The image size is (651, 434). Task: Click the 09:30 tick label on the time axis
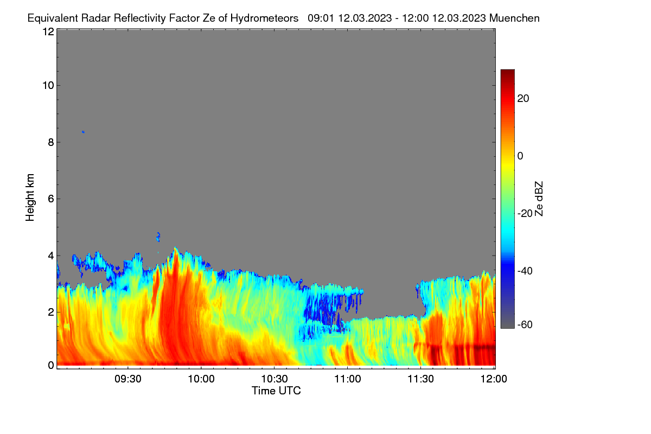click(128, 379)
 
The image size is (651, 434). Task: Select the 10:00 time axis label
click(201, 379)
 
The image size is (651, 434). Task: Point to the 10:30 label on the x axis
click(275, 379)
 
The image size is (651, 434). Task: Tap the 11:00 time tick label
click(348, 379)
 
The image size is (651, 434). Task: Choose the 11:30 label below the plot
click(420, 379)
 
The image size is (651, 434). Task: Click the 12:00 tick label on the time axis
click(494, 379)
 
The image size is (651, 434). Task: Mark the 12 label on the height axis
click(48, 31)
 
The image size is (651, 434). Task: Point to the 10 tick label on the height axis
click(48, 86)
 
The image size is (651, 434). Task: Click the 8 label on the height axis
click(51, 142)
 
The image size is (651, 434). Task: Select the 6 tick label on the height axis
click(51, 199)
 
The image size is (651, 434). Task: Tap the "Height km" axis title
click(30, 197)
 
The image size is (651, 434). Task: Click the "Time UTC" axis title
click(276, 391)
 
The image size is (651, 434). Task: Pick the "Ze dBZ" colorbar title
click(539, 199)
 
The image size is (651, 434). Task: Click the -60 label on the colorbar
click(525, 325)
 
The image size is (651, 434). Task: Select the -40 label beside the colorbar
click(525, 271)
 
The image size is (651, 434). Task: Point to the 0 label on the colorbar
click(520, 156)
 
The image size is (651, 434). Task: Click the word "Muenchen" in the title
click(514, 18)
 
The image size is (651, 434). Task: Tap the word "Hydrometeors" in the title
click(265, 18)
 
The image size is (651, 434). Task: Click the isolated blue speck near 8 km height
click(83, 132)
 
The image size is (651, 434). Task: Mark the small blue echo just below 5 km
click(158, 237)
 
